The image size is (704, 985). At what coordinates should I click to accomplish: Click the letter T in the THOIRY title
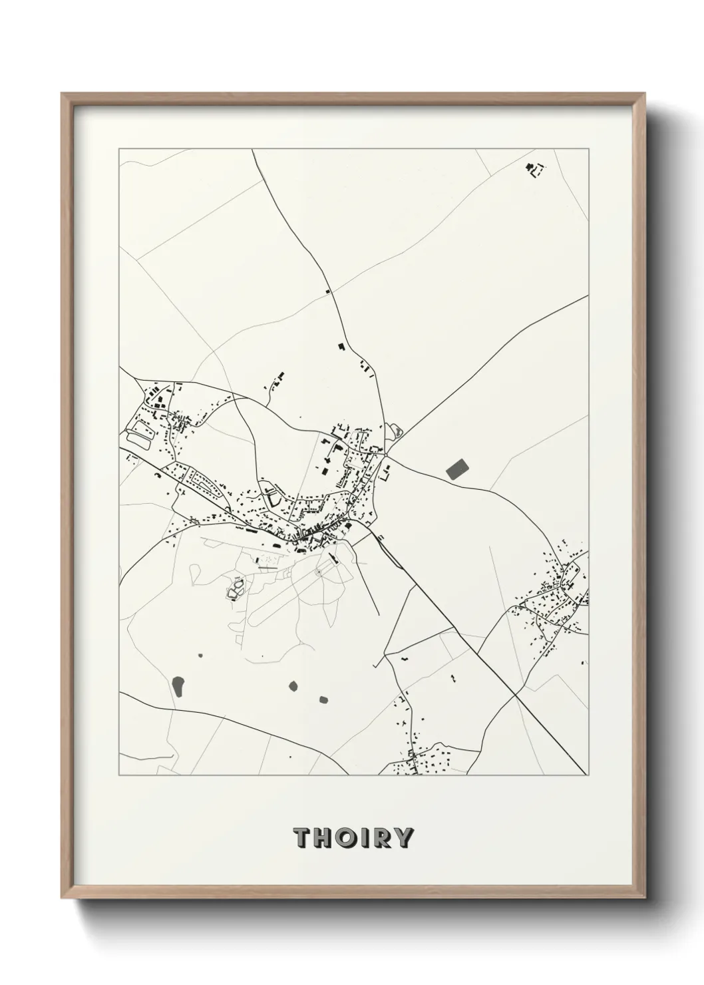(303, 838)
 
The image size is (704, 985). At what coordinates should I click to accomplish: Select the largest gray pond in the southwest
(178, 686)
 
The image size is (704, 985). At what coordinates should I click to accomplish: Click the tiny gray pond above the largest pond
(200, 657)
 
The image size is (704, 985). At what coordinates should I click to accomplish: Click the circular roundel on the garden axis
(319, 572)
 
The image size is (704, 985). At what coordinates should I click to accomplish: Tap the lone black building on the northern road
(327, 292)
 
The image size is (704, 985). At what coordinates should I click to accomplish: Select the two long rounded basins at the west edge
(140, 431)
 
